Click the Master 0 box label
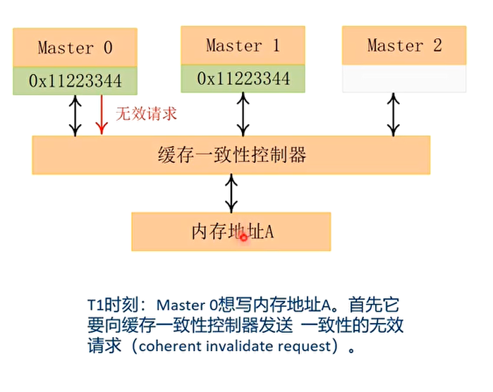pyautogui.click(x=75, y=48)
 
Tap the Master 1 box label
pyautogui.click(x=243, y=46)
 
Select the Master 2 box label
pyautogui.click(x=405, y=46)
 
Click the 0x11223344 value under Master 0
pyautogui.click(x=75, y=81)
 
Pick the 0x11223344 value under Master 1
pyautogui.click(x=243, y=78)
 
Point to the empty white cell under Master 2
pyautogui.click(x=404, y=78)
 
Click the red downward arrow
pyautogui.click(x=102, y=115)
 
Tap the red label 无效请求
pyautogui.click(x=146, y=114)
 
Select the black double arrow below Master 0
pyautogui.click(x=75, y=116)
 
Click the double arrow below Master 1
pyautogui.click(x=243, y=114)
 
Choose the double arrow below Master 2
pyautogui.click(x=394, y=114)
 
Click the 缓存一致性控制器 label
pyautogui.click(x=232, y=154)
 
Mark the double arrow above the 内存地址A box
pyautogui.click(x=231, y=194)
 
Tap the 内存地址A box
pyautogui.click(x=231, y=232)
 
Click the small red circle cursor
pyautogui.click(x=243, y=238)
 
